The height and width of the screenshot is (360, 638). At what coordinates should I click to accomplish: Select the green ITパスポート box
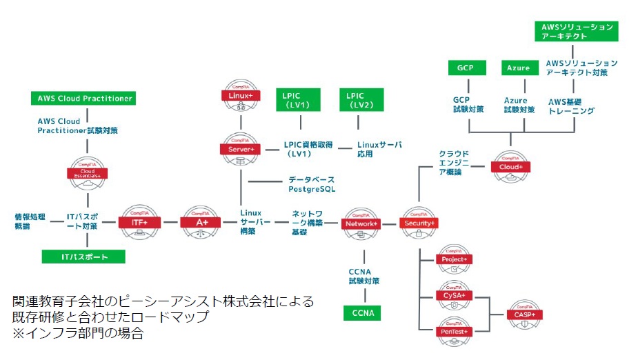click(84, 257)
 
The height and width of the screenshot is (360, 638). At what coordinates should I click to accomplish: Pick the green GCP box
click(464, 68)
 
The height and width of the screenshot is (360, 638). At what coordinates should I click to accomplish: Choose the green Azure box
click(518, 68)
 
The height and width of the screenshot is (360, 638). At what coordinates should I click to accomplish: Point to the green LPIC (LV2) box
click(359, 99)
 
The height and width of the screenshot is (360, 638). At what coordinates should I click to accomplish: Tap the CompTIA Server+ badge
click(241, 146)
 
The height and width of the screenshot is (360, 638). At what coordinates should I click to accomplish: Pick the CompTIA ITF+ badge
click(141, 222)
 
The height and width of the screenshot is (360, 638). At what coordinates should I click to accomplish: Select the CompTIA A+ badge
click(199, 222)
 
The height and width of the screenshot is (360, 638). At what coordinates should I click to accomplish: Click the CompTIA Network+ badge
click(361, 223)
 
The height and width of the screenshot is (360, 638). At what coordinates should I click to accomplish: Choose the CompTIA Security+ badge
click(419, 223)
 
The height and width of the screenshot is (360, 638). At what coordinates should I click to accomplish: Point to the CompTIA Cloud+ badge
click(510, 165)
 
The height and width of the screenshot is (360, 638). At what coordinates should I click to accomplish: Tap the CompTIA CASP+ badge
click(525, 313)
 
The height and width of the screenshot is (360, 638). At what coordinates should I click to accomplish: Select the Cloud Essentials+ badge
click(88, 172)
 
